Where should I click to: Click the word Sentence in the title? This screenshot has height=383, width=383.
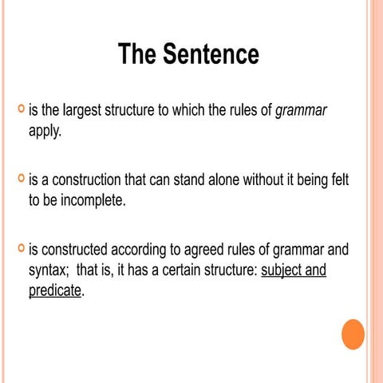pos(211,54)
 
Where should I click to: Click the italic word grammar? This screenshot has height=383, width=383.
pos(301,111)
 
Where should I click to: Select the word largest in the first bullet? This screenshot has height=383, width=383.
pos(85,111)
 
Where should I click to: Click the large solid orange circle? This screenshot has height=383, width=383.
pos(353,334)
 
